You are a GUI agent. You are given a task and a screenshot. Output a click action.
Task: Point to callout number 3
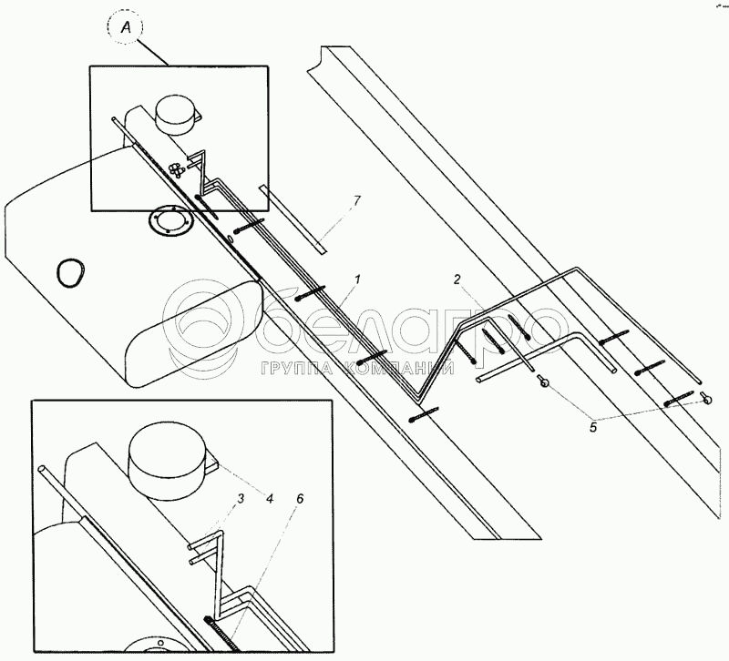point(241,500)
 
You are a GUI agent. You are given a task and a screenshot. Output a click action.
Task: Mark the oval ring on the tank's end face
point(70,270)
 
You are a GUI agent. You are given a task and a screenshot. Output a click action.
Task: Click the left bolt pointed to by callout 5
point(543,382)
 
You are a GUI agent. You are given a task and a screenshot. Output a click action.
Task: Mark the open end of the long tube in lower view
point(43,470)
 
